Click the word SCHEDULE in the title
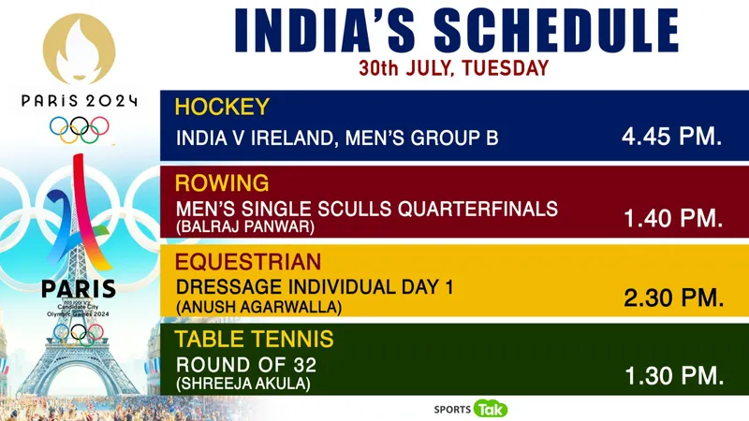[556, 31]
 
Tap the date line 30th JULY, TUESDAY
[454, 68]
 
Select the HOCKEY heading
[222, 107]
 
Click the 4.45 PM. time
[671, 137]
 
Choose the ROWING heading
[222, 183]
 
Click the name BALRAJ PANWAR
[245, 226]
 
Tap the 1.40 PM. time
[673, 218]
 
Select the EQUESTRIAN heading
[248, 262]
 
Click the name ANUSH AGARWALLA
[259, 307]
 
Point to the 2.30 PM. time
[673, 298]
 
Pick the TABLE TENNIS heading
[254, 340]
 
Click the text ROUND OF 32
[246, 365]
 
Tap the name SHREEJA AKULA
[243, 384]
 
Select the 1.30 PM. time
[674, 376]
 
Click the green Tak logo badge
[491, 409]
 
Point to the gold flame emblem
[79, 49]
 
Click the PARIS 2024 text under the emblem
[80, 101]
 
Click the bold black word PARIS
[79, 289]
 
